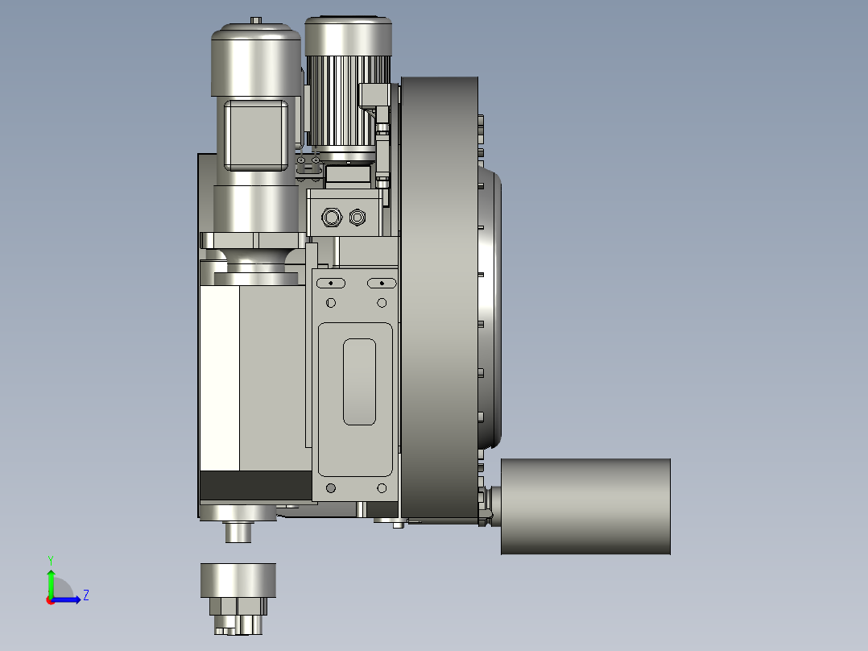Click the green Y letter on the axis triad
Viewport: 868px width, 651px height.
(x=50, y=559)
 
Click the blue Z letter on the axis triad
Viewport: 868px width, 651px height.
(x=85, y=595)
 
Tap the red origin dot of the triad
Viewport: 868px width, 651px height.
(x=51, y=599)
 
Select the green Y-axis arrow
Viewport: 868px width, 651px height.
(x=51, y=580)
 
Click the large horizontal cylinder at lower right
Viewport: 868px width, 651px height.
(x=585, y=506)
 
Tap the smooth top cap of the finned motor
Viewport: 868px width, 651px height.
(x=348, y=36)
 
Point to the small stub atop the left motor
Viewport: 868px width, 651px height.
(x=256, y=20)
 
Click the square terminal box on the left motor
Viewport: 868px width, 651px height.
(x=254, y=135)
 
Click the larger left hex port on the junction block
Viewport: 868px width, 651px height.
(x=330, y=217)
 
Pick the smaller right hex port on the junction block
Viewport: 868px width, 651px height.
(x=358, y=217)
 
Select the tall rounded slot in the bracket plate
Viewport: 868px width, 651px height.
(x=359, y=381)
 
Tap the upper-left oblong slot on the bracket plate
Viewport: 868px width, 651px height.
(x=330, y=283)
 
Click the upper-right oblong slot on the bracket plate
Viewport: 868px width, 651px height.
(x=382, y=283)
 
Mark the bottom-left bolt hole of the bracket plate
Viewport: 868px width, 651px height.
(x=330, y=487)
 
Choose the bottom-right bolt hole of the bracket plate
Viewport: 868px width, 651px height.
(x=382, y=487)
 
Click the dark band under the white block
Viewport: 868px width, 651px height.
(x=254, y=485)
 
